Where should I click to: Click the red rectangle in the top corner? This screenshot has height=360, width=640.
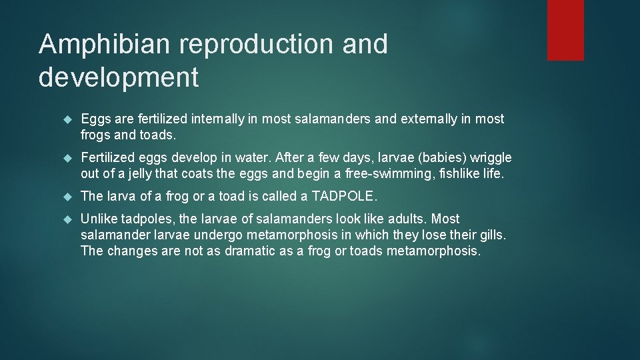tap(565, 30)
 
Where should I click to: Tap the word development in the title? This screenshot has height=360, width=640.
tap(119, 77)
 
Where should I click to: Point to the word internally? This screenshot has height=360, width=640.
tap(217, 119)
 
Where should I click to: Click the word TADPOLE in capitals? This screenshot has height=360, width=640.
tap(344, 197)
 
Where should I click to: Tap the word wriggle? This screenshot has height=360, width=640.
tap(491, 158)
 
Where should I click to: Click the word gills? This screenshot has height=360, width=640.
tap(491, 235)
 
